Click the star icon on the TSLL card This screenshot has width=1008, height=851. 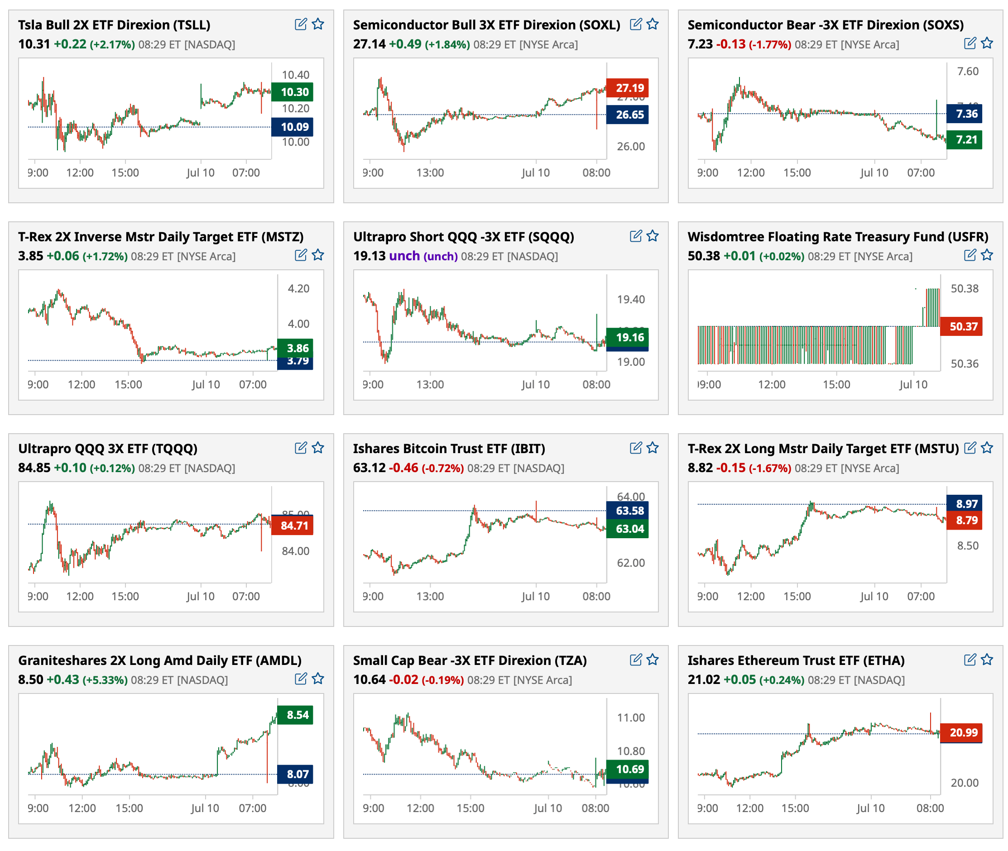pos(317,24)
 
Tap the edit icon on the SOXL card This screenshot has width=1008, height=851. pos(635,24)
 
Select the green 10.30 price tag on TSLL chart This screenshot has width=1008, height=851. pos(292,91)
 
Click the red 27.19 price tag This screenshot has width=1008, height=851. pos(627,88)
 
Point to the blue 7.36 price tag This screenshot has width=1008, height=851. pos(964,114)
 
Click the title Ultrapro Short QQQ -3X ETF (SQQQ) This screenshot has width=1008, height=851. pos(463,236)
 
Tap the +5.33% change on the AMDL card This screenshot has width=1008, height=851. pos(105,680)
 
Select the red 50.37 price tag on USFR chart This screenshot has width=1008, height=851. pos(961,327)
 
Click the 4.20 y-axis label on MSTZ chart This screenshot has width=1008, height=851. pos(298,288)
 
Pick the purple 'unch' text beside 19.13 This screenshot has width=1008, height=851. pos(404,256)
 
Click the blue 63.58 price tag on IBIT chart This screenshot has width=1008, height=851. pos(627,511)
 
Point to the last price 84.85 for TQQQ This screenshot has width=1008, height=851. pos(34,468)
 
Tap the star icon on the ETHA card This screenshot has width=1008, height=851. pos(987,660)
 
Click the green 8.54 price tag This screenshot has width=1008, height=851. pos(295,715)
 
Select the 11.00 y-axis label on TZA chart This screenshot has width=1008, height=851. pos(631,717)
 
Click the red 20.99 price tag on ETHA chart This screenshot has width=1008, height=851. pos(961,732)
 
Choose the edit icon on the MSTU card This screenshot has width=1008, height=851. pos(970,448)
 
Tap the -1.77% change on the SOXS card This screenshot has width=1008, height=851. pos(770,44)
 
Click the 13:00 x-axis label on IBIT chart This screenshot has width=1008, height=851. pos(430,596)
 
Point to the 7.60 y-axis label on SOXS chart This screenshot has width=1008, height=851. pos(967,72)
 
